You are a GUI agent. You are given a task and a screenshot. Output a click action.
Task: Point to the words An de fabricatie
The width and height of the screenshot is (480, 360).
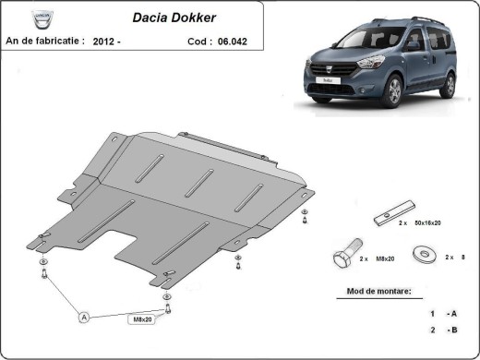45,41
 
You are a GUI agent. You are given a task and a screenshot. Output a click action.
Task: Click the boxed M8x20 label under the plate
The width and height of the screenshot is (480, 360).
139,319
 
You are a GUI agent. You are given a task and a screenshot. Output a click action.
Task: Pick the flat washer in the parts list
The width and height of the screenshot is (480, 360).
426,253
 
